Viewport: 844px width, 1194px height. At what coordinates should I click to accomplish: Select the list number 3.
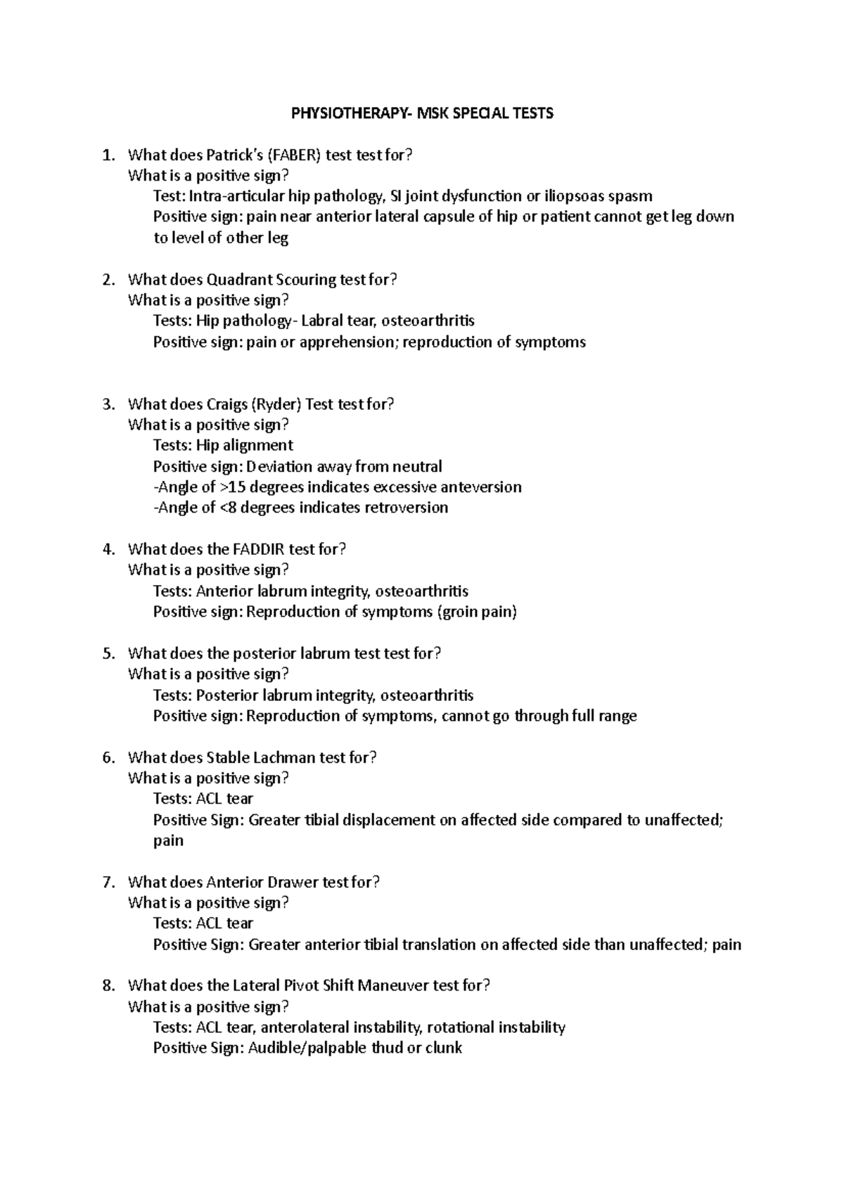click(x=108, y=404)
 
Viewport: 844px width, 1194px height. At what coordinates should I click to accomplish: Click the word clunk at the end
click(x=443, y=1048)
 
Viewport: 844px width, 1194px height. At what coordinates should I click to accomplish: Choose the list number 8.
click(x=108, y=986)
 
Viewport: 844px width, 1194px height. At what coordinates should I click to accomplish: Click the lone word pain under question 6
click(x=168, y=841)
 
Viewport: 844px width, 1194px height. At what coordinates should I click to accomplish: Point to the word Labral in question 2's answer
click(x=322, y=321)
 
